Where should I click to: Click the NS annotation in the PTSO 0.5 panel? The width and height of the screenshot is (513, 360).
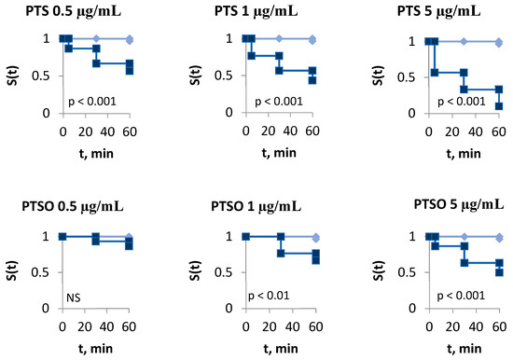[x=72, y=298]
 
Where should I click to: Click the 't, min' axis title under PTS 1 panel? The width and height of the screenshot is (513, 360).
[x=278, y=149]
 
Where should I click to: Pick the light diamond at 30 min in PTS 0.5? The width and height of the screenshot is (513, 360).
[x=96, y=39]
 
